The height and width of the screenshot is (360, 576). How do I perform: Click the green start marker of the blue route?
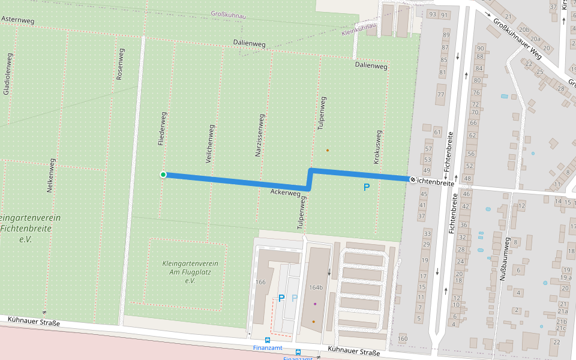pyautogui.click(x=163, y=175)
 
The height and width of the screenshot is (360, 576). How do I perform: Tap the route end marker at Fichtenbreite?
pyautogui.click(x=413, y=179)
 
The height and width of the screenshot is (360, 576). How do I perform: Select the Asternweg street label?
pyautogui.click(x=18, y=20)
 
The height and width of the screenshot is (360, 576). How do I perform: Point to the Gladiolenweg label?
pyautogui.click(x=7, y=74)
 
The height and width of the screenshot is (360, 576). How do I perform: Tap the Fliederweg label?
pyautogui.click(x=162, y=126)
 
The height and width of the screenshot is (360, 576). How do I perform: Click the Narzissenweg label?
pyautogui.click(x=260, y=136)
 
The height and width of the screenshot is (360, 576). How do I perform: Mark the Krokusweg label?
pyautogui.click(x=377, y=148)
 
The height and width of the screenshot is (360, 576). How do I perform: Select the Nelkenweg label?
pyautogui.click(x=52, y=175)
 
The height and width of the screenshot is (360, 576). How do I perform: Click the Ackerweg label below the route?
pyautogui.click(x=286, y=193)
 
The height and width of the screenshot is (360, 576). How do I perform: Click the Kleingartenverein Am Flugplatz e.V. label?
pyautogui.click(x=190, y=272)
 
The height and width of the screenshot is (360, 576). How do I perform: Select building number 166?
pyautogui.click(x=260, y=282)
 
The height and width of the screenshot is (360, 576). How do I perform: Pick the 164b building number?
pyautogui.click(x=316, y=287)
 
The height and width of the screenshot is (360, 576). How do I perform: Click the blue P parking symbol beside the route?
pyautogui.click(x=367, y=187)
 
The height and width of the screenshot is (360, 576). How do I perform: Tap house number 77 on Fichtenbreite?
pyautogui.click(x=441, y=95)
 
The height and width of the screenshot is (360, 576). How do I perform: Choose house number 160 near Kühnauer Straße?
pyautogui.click(x=402, y=339)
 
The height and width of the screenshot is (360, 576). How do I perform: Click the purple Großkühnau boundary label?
pyautogui.click(x=230, y=14)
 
